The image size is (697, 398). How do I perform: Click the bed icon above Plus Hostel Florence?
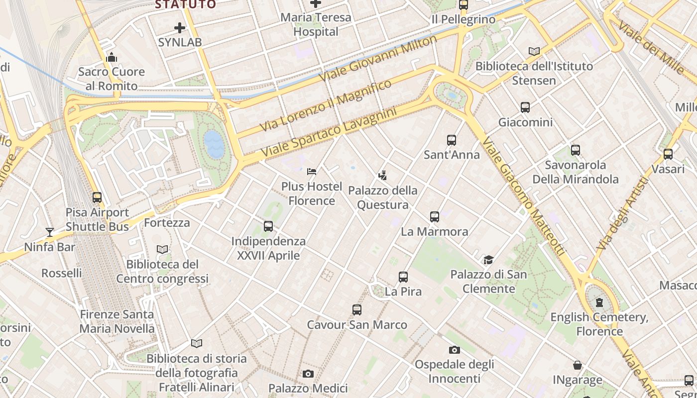click(312, 172)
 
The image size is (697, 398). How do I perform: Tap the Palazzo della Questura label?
click(382, 198)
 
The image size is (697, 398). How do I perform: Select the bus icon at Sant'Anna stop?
click(452, 140)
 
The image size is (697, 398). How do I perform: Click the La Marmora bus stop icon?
click(435, 217)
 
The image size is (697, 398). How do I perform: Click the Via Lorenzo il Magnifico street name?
click(326, 106)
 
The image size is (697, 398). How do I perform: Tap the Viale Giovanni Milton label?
click(378, 59)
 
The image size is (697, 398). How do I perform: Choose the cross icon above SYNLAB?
click(180, 28)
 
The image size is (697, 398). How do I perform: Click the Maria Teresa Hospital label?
click(316, 24)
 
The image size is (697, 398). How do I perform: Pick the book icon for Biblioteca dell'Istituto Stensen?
click(534, 51)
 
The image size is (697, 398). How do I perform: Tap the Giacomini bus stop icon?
click(525, 107)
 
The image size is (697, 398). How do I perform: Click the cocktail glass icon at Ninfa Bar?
click(50, 232)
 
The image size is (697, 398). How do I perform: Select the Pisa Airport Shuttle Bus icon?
click(97, 198)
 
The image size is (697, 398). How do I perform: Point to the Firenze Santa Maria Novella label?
click(117, 321)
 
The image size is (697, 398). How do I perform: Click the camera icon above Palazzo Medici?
click(308, 374)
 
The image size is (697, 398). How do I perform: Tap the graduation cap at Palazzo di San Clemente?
click(488, 260)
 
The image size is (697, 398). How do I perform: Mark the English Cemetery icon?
click(599, 302)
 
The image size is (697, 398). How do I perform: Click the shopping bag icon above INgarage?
click(578, 366)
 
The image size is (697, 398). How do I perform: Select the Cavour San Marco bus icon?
click(357, 310)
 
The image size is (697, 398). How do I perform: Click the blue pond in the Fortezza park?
click(214, 144)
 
